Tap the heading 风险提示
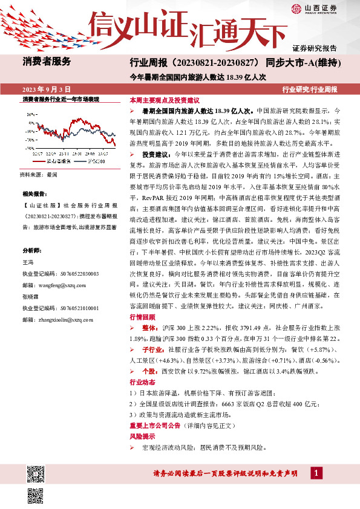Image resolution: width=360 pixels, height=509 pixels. (x=142, y=436)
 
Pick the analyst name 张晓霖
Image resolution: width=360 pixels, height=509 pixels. (x=31, y=297)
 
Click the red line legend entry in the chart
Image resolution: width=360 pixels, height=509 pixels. (x=53, y=161)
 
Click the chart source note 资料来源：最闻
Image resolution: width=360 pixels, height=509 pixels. (x=38, y=173)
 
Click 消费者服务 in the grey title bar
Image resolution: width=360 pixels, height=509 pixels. (x=47, y=61)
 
